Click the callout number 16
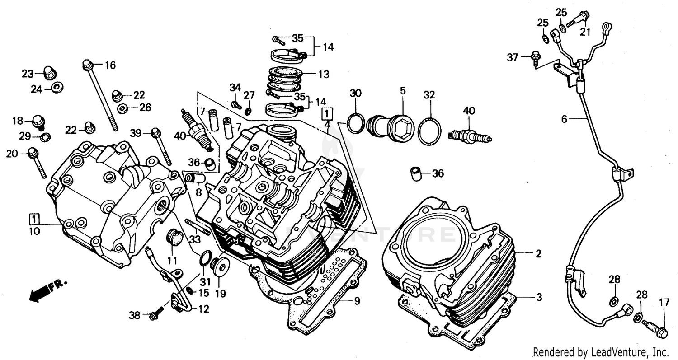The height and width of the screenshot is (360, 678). point(110,65)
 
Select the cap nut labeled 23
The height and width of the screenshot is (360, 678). point(50,73)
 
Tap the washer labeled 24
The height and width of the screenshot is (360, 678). point(57,87)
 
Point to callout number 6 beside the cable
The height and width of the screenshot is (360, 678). point(564,119)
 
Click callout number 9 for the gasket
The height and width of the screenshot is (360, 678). point(357,301)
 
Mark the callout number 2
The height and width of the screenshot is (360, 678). point(538,254)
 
